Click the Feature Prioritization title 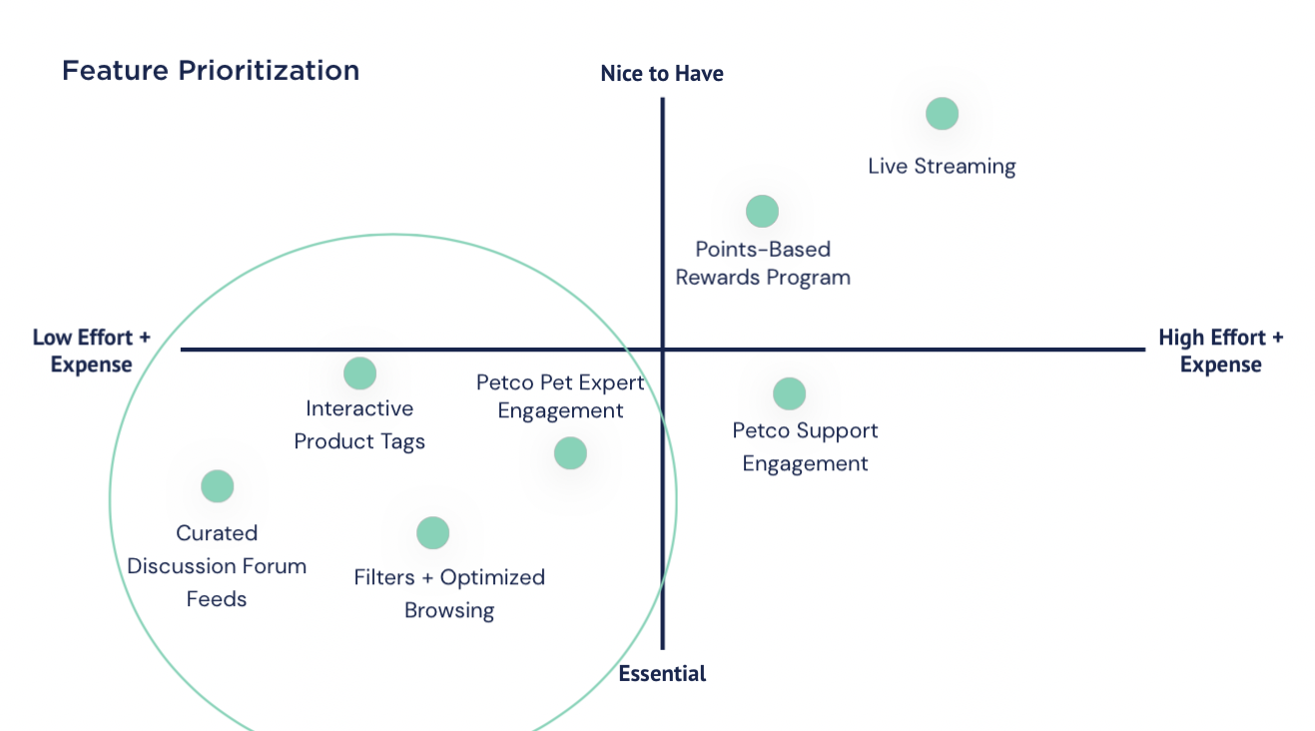[211, 71]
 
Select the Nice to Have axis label [662, 74]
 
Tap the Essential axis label [662, 674]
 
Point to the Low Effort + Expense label [92, 351]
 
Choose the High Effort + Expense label [1220, 351]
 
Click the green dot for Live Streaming [942, 114]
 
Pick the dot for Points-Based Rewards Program [762, 212]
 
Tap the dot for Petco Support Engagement [789, 393]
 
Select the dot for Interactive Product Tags [359, 373]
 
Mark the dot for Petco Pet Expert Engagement [570, 453]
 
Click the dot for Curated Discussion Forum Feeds [217, 486]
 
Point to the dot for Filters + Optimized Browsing [432, 533]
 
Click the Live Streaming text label [942, 167]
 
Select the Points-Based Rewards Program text [763, 264]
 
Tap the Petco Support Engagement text [805, 447]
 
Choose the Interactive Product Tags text [359, 425]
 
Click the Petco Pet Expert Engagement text [560, 396]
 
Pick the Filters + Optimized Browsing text [449, 593]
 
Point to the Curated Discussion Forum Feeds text [217, 566]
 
